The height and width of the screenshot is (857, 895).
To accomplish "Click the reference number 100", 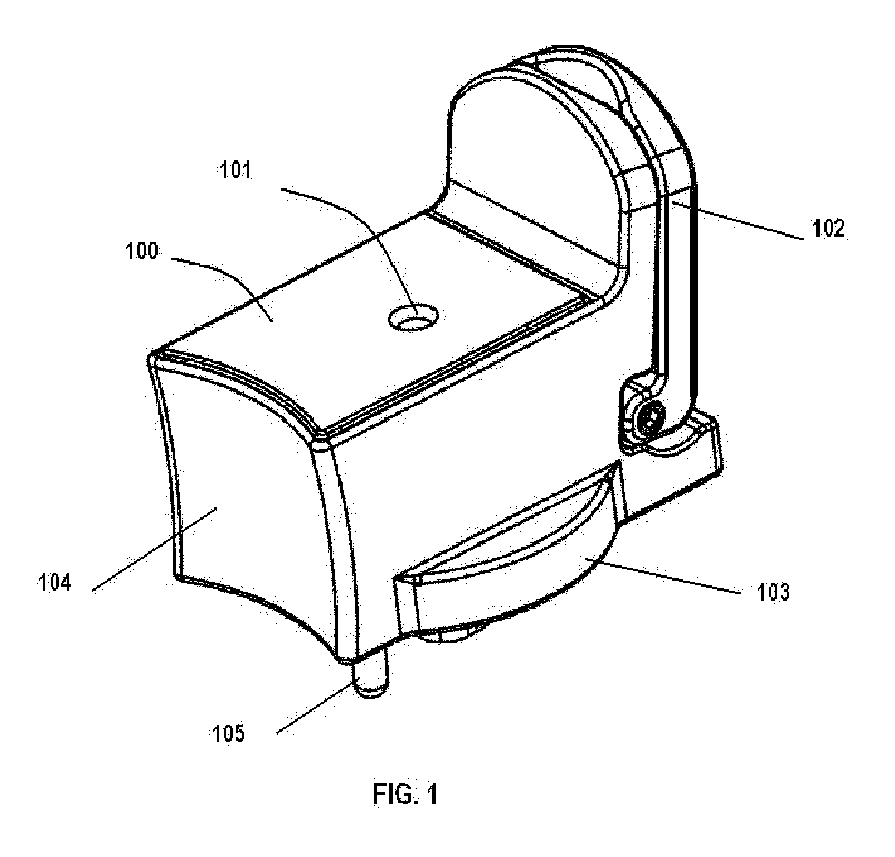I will point(142,252).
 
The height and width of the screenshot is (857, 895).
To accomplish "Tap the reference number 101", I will point(236,171).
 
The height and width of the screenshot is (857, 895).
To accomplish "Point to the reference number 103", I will point(773,592).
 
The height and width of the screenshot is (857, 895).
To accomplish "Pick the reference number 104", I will point(55,583).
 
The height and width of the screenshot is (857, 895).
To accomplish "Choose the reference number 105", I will point(228,733).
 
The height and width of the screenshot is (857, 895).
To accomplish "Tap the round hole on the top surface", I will point(413,317).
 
